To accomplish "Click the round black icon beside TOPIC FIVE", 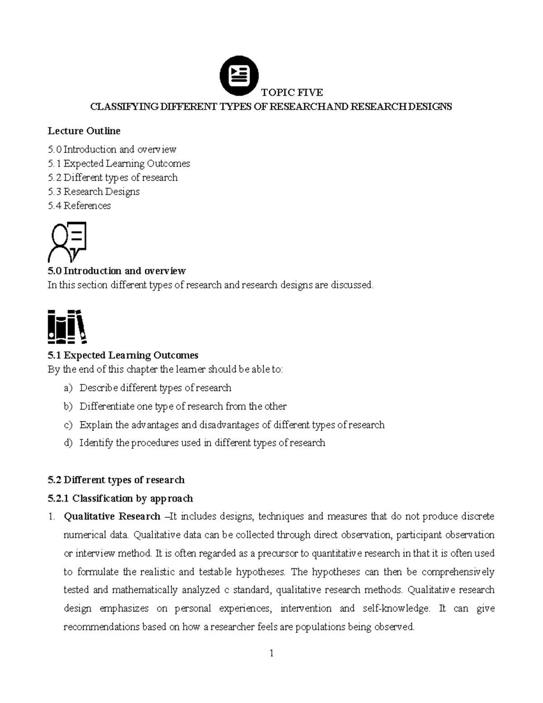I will [x=239, y=76].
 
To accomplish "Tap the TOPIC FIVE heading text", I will [x=292, y=93].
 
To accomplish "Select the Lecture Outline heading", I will [x=84, y=131].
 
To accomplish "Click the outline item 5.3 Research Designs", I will [x=94, y=191].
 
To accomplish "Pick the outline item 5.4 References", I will [x=79, y=206].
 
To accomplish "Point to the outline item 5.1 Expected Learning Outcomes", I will [x=119, y=163].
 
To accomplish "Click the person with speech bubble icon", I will [x=67, y=242].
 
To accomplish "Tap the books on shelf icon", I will [x=67, y=326].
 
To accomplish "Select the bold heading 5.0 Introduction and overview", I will [x=116, y=271].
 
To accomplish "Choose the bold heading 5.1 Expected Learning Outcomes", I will [x=123, y=355].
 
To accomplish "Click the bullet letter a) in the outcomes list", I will [x=68, y=388].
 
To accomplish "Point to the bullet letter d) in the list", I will [x=68, y=443].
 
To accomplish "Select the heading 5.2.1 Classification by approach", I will [x=120, y=498].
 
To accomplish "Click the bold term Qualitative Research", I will [x=112, y=516].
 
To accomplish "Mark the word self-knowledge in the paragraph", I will [x=396, y=608].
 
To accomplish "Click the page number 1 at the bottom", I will [x=271, y=653].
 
